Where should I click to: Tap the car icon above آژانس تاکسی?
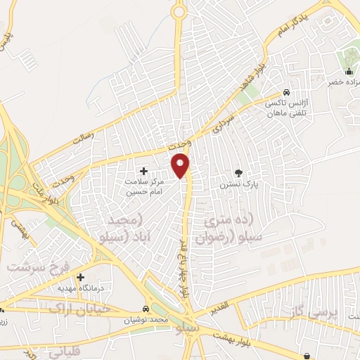(x=286, y=93)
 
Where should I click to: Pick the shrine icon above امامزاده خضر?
(x=349, y=71)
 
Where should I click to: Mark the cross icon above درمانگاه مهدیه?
(x=81, y=277)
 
